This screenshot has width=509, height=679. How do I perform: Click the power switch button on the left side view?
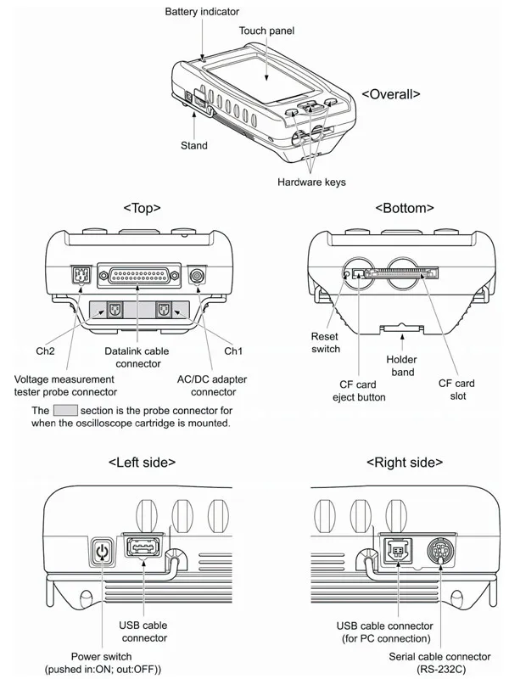point(102,553)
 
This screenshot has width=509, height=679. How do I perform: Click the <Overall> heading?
point(390,93)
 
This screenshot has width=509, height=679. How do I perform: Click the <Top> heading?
point(142,207)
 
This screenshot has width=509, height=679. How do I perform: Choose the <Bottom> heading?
point(404,207)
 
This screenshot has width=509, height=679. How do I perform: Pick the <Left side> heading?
point(142,462)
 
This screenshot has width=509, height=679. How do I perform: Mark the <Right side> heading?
point(404,462)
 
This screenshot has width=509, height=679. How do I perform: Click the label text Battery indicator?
point(202,12)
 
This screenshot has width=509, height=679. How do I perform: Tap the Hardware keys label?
point(311,182)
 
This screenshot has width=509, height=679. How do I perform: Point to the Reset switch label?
point(325,343)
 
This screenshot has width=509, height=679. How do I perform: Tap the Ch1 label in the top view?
point(232,350)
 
